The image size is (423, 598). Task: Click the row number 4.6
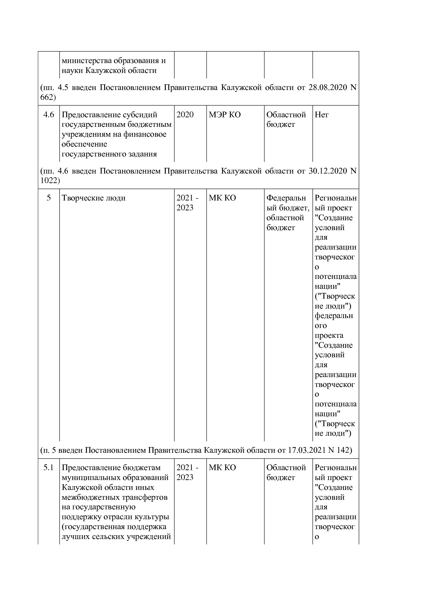pos(48,115)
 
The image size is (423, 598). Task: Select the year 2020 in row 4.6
pos(185,115)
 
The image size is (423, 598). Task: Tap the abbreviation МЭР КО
pos(224,115)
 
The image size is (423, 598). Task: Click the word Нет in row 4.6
pos(321,115)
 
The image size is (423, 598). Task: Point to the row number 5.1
pos(48,468)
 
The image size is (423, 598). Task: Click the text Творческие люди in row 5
pos(93,198)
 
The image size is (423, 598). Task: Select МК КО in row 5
pos(222,198)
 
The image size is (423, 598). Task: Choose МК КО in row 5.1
pos(222,468)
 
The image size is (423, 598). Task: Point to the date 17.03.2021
pos(306,450)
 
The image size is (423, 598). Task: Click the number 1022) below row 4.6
pos(50,181)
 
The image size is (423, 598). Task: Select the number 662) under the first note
pos(48,98)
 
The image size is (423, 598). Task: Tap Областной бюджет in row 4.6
pos(286,120)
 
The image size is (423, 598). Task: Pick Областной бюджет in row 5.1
pos(286,473)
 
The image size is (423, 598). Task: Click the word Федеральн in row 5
pos(286,198)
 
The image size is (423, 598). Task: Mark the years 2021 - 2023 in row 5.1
pos(187,473)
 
